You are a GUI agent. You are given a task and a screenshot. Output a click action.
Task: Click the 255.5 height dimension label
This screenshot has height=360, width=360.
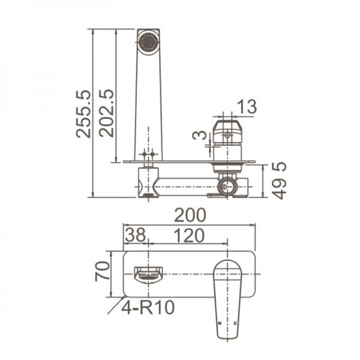(x=83, y=113)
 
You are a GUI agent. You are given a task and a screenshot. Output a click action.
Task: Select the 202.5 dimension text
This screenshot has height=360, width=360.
(x=106, y=113)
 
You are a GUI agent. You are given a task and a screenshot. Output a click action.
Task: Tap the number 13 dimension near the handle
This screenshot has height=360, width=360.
(x=247, y=107)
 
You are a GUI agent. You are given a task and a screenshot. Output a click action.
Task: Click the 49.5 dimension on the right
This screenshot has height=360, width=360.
(x=280, y=180)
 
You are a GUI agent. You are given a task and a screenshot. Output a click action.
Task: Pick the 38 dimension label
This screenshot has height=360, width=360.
(x=136, y=235)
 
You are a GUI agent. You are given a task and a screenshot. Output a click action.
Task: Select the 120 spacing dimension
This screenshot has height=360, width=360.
(x=190, y=235)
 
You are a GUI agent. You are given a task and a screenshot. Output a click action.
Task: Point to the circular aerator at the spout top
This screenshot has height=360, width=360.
(x=147, y=41)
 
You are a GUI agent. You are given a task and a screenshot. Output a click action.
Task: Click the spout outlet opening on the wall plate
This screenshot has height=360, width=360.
(x=148, y=275)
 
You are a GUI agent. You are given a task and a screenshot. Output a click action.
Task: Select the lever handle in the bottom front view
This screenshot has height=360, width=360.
(x=228, y=294)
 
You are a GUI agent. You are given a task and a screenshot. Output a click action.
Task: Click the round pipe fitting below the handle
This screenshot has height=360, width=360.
(x=227, y=186)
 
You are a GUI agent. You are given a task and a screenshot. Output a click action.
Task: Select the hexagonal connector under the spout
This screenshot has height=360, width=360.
(x=148, y=181)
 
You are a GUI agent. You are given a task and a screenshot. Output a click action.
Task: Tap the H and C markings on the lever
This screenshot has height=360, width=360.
(x=227, y=324)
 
